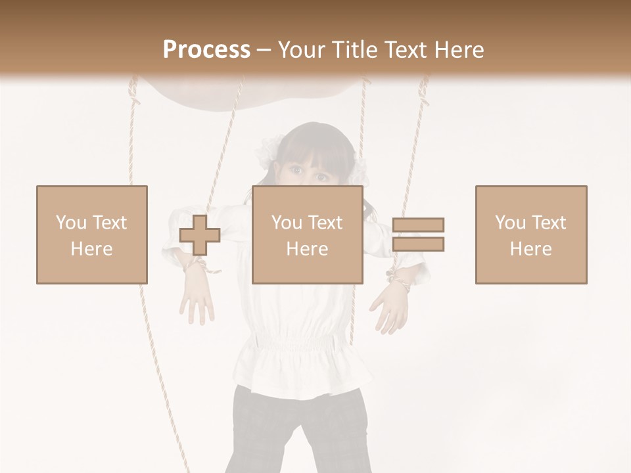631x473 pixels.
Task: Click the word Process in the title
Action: (206, 50)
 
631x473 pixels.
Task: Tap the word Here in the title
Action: (458, 50)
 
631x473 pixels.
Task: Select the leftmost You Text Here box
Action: (91, 235)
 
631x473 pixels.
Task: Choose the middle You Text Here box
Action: (307, 235)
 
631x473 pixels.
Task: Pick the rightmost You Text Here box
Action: (530, 235)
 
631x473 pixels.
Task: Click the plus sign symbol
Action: (200, 235)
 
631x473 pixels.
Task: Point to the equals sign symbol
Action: (418, 235)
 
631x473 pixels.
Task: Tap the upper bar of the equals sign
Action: (418, 225)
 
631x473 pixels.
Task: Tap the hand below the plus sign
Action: (197, 300)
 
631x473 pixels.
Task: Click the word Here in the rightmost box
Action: (530, 248)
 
